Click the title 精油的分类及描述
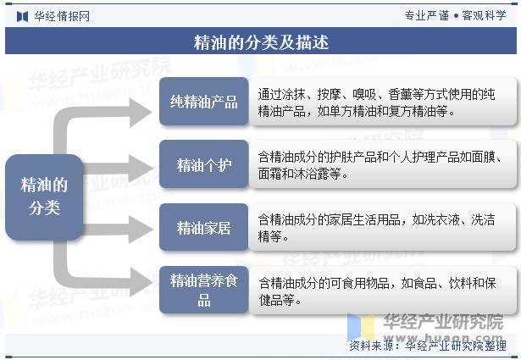[261, 42]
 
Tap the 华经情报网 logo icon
[23, 16]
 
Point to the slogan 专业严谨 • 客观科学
[455, 15]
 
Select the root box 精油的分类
[44, 197]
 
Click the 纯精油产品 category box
[203, 102]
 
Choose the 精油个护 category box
[203, 164]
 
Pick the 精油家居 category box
[203, 227]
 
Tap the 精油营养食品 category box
[203, 290]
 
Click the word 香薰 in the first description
[400, 95]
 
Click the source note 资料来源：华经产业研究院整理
[428, 346]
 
